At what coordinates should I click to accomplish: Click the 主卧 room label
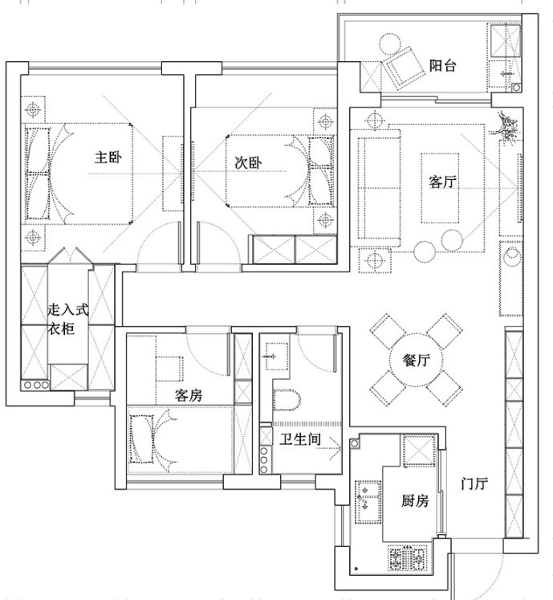point(108,157)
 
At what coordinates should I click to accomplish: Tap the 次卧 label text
point(248,163)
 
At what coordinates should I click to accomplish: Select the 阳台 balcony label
point(442,65)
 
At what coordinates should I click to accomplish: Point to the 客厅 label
point(442,182)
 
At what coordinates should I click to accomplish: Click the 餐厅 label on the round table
point(416,360)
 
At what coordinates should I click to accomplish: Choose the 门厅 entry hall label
point(474,484)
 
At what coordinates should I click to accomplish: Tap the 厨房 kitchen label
point(415,500)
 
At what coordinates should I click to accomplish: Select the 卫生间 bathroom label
point(300,439)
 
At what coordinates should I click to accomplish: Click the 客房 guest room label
point(189,395)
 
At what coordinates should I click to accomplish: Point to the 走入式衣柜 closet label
point(68,319)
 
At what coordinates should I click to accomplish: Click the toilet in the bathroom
point(287,400)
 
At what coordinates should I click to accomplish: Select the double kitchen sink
point(368,502)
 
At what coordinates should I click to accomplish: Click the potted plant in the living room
point(506,126)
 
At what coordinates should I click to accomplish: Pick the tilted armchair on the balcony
point(404,67)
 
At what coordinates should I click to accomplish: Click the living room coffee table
point(440,188)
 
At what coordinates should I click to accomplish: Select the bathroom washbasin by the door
point(276,357)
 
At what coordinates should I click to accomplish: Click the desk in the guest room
point(169,369)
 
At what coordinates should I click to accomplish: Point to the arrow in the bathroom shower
point(329,447)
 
